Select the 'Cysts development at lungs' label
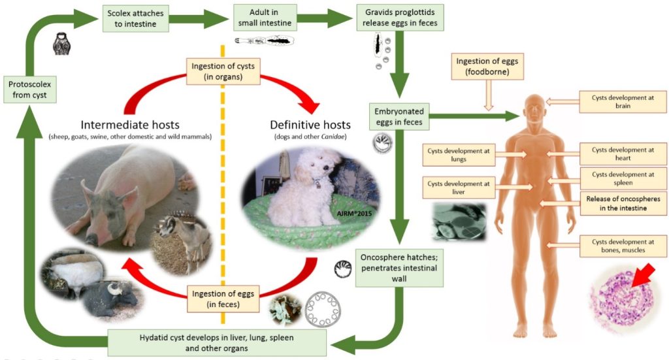[x=456, y=155]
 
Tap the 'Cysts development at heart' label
[x=622, y=155]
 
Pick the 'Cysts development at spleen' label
[x=622, y=179]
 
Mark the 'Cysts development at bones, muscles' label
[x=622, y=246]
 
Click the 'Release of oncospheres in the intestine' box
[x=622, y=204]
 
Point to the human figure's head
[x=534, y=108]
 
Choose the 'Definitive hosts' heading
[x=310, y=124]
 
